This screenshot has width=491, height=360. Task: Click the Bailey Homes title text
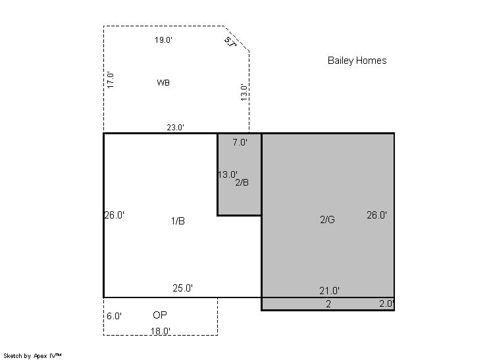357,61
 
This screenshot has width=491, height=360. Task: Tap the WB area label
163,83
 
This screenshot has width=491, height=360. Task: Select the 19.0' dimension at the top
163,40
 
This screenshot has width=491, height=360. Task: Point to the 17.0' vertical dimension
110,80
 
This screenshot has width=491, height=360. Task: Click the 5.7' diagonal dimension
230,42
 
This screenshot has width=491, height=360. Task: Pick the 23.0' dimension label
175,128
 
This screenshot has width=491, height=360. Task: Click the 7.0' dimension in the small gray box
240,142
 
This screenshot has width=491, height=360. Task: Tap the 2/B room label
242,182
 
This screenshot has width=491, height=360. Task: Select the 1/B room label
178,221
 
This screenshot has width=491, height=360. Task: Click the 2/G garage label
327,220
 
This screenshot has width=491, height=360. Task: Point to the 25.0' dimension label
182,288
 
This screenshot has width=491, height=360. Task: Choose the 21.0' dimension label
330,291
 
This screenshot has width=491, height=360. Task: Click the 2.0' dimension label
387,303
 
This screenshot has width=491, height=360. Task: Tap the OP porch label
160,315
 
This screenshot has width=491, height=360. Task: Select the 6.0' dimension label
114,316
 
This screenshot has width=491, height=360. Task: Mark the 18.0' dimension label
161,331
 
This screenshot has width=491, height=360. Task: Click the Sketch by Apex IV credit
32,356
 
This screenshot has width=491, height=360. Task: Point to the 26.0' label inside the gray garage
376,215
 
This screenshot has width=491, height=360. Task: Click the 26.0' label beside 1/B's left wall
115,215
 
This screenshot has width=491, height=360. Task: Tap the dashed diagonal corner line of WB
237,38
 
